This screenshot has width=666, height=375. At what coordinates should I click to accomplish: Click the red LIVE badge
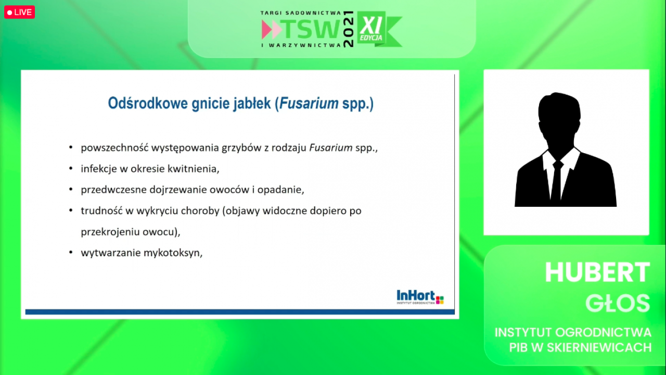[x=19, y=12]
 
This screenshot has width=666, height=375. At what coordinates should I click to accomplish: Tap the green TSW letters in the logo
[x=312, y=29]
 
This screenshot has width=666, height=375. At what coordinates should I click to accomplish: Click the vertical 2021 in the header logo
[x=349, y=29]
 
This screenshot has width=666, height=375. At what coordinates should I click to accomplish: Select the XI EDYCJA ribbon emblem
[x=379, y=29]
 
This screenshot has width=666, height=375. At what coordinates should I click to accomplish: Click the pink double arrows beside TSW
[x=272, y=29]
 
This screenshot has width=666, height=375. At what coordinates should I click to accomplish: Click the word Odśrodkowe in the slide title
[x=148, y=103]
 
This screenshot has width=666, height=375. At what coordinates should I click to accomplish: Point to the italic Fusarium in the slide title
[x=309, y=103]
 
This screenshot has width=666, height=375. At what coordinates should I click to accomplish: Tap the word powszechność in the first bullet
[x=114, y=147]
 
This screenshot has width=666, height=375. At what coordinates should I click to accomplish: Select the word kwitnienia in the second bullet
[x=194, y=169]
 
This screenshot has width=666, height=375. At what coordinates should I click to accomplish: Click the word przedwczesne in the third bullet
[x=114, y=190]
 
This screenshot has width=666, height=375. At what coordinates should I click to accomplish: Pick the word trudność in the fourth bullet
[x=101, y=210]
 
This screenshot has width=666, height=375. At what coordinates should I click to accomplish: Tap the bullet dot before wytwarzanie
[x=71, y=253]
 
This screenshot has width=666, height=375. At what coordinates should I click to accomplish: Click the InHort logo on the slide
[x=420, y=297]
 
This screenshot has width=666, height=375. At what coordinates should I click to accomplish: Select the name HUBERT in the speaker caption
[x=597, y=272]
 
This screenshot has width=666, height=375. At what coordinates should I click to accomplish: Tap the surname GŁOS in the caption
[x=618, y=303]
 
